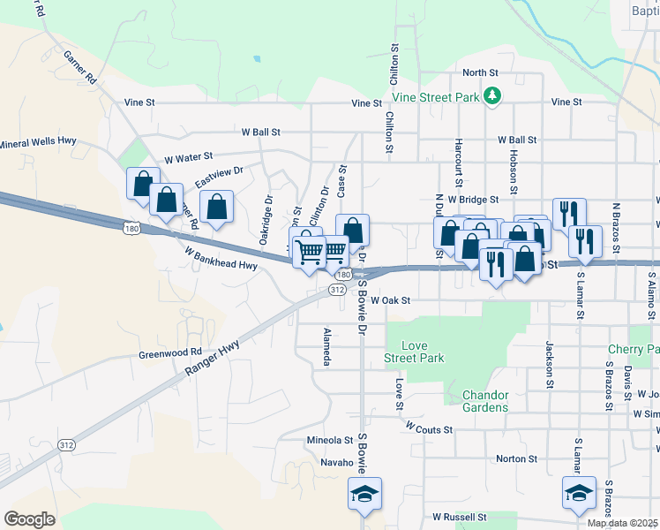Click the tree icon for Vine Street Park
[x=494, y=95]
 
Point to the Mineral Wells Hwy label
[x=39, y=142]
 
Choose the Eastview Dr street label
[x=218, y=174]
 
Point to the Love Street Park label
[x=414, y=352]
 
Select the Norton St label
[x=516, y=458]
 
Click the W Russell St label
[x=459, y=516]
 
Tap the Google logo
[x=29, y=519]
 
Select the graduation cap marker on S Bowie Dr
[x=362, y=495]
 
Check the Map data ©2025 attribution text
[x=621, y=523]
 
